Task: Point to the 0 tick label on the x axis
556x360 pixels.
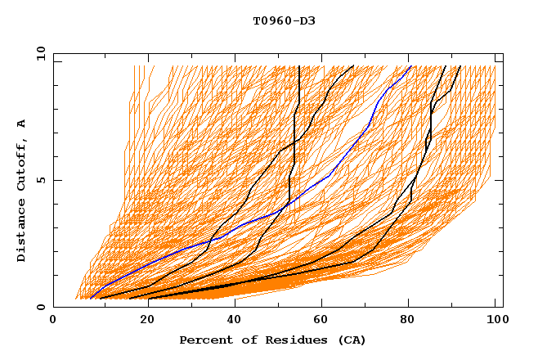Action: (x=53, y=320)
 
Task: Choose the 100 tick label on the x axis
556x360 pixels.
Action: (x=495, y=320)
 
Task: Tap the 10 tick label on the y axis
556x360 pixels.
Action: (x=38, y=53)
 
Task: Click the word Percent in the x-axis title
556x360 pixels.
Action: (x=203, y=340)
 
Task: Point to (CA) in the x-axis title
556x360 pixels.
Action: (x=351, y=340)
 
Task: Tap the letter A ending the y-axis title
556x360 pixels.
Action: (x=22, y=123)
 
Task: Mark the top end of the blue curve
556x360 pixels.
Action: (x=410, y=66)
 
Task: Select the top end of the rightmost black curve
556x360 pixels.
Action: (x=460, y=66)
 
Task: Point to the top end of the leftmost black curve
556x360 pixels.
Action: (x=299, y=66)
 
